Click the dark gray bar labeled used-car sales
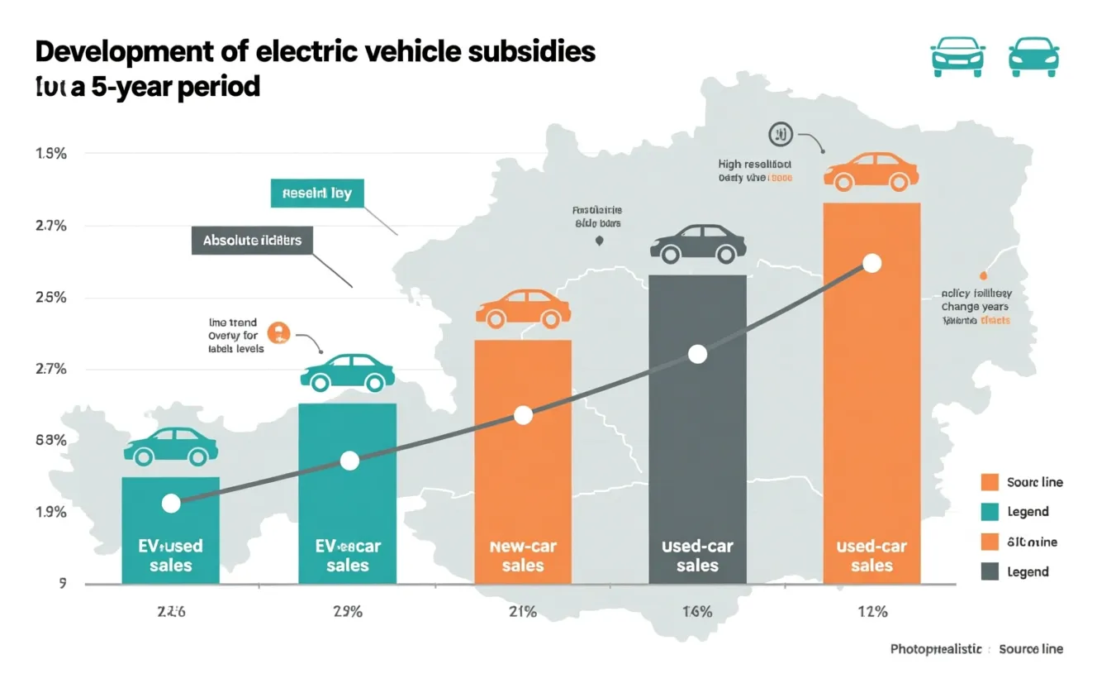click(x=697, y=430)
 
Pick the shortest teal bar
click(x=170, y=529)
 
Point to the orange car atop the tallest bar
click(x=871, y=171)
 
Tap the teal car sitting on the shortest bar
click(x=170, y=447)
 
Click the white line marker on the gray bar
click(x=697, y=355)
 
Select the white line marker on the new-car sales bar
click(x=523, y=415)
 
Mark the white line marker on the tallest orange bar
click(x=871, y=264)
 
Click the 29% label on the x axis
click(x=348, y=612)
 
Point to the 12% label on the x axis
click(x=871, y=612)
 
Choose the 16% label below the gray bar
click(x=697, y=612)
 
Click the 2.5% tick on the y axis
click(x=50, y=298)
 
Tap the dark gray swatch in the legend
click(x=990, y=571)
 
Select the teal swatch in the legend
click(x=990, y=512)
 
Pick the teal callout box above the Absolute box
click(x=316, y=193)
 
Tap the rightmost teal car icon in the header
click(x=1033, y=58)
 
